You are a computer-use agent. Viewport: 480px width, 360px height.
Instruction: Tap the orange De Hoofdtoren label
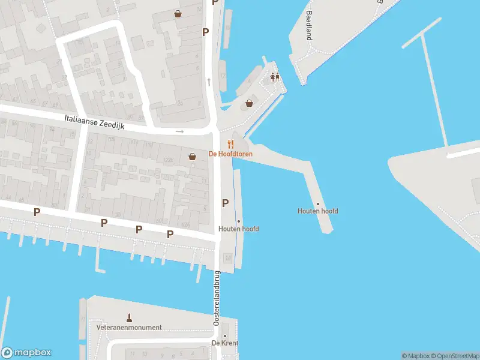click(x=230, y=154)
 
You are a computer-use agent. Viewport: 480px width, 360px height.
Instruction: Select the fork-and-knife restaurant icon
click(x=230, y=144)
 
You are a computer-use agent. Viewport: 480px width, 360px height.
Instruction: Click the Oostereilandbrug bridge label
click(x=217, y=298)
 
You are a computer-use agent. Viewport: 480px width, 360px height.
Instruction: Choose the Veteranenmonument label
click(x=129, y=328)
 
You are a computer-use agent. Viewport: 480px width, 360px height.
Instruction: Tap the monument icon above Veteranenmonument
click(x=129, y=317)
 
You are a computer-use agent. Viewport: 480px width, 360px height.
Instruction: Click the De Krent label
click(x=225, y=343)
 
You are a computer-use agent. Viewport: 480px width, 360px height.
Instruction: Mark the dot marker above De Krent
click(x=225, y=336)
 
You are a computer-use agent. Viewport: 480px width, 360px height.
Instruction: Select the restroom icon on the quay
click(x=275, y=77)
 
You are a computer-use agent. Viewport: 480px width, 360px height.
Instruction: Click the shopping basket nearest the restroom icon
click(x=249, y=103)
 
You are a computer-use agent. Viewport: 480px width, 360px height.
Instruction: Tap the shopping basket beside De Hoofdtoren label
click(x=193, y=157)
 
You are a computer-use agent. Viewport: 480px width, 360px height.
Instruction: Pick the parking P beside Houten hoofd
click(x=226, y=203)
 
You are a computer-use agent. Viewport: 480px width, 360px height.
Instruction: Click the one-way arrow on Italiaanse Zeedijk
click(x=179, y=131)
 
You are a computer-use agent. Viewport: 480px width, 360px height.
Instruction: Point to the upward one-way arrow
click(x=209, y=81)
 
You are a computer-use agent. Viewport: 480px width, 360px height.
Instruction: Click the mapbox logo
click(x=27, y=353)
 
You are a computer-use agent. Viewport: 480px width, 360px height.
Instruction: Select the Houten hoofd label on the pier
click(x=318, y=211)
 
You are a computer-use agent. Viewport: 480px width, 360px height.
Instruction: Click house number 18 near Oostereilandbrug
click(x=228, y=258)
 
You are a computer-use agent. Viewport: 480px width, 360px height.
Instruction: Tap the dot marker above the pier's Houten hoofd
click(x=318, y=204)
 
